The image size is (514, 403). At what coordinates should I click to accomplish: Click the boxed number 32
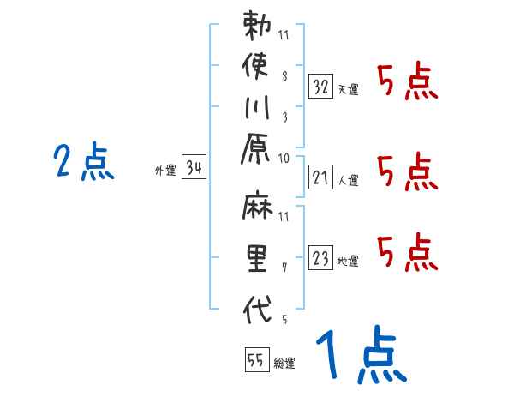(x=320, y=86)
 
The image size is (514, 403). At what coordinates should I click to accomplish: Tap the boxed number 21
(x=320, y=178)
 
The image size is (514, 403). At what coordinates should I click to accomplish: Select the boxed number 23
(x=320, y=258)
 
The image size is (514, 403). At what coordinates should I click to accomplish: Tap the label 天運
(x=348, y=89)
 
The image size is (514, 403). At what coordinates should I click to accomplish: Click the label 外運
(x=164, y=171)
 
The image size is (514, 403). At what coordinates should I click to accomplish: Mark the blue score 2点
(x=83, y=163)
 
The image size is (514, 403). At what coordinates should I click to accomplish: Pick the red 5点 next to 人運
(x=407, y=171)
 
